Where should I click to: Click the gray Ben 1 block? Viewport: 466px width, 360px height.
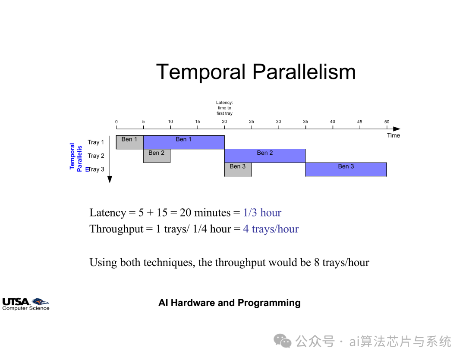click(129, 142)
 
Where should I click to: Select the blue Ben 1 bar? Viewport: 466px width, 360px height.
click(184, 142)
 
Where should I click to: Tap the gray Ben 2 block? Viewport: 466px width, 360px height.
click(157, 156)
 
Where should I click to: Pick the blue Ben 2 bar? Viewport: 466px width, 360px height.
click(265, 156)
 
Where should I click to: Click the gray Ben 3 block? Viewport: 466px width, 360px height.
click(238, 169)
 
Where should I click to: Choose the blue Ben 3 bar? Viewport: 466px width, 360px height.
click(346, 169)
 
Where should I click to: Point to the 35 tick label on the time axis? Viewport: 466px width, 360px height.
click(305, 122)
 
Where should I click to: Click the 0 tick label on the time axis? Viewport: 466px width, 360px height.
click(116, 122)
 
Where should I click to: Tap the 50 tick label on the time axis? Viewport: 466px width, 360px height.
click(387, 122)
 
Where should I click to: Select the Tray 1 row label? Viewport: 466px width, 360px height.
click(96, 142)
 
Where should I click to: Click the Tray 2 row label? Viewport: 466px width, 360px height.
click(96, 156)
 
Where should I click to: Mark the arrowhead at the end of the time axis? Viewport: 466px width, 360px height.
click(397, 129)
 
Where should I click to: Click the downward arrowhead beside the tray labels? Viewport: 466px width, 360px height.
click(110, 179)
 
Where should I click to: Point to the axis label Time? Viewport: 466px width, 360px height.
click(394, 135)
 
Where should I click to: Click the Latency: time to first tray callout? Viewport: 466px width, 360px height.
click(224, 108)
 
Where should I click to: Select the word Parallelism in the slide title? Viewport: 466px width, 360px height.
click(304, 72)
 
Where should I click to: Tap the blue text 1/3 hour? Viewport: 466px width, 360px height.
click(262, 213)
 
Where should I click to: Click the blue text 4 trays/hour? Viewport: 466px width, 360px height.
click(271, 229)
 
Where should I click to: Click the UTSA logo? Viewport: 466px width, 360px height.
click(25, 304)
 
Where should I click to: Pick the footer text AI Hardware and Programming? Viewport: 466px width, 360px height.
click(230, 303)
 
